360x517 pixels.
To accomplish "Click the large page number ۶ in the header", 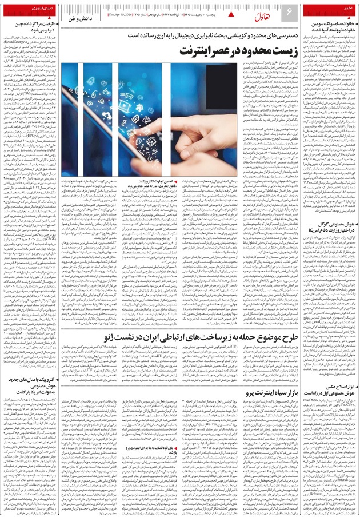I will point(289,13).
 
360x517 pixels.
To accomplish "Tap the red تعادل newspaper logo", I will point(254,13).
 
